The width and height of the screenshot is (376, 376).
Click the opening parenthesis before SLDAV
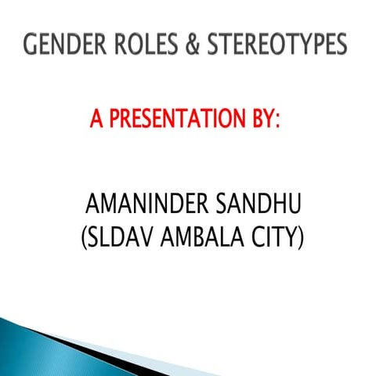(85, 237)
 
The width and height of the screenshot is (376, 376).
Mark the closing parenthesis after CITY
(299, 237)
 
